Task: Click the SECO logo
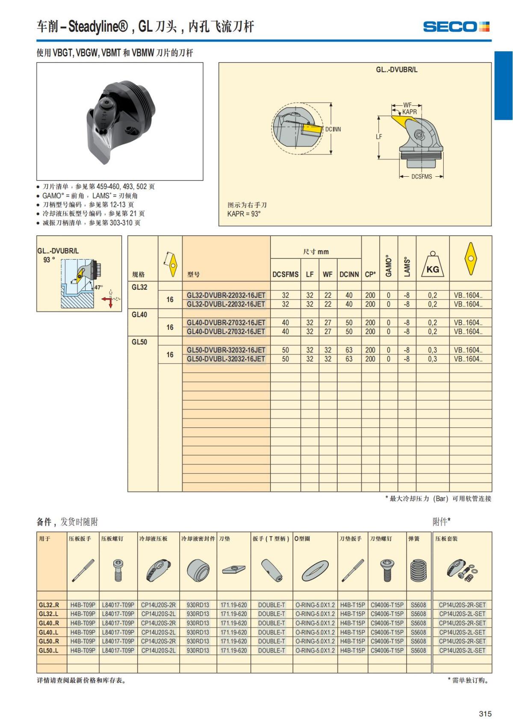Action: [456, 27]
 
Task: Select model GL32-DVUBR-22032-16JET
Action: [226, 295]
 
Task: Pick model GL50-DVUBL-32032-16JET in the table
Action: [226, 359]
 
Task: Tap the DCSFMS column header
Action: [286, 274]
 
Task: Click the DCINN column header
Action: [349, 274]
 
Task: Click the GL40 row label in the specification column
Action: [139, 314]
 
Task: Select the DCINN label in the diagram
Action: [333, 129]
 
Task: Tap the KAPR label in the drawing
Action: [409, 112]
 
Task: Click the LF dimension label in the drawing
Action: [379, 137]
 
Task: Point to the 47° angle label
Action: [98, 287]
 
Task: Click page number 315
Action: [485, 714]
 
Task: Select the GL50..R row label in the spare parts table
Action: [49, 641]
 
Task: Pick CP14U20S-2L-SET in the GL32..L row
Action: [462, 614]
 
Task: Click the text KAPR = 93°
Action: [244, 214]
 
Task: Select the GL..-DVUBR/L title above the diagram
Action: [396, 70]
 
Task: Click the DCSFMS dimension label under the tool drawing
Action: [422, 177]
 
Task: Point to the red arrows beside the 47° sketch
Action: [110, 300]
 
